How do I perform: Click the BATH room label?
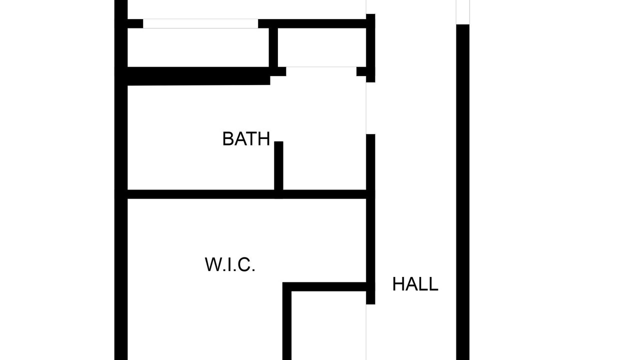246,139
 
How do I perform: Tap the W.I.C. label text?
229,264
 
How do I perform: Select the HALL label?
415,284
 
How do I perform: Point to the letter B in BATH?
228,139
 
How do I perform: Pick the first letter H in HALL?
398,284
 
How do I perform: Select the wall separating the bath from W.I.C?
247,194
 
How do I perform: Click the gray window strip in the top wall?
200,23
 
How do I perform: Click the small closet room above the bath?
321,47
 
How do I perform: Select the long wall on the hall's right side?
462,192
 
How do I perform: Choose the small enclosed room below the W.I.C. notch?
328,325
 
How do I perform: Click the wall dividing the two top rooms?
273,47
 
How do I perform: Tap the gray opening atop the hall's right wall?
462,12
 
